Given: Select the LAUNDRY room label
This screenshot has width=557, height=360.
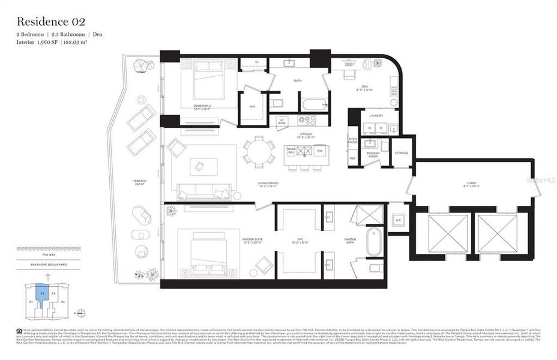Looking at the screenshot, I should (x=376, y=115).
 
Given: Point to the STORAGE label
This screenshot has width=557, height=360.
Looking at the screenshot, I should (x=401, y=153).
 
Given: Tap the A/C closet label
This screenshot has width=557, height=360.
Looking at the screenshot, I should (x=397, y=220).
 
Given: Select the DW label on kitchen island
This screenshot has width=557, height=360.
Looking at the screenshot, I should (x=319, y=151).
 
